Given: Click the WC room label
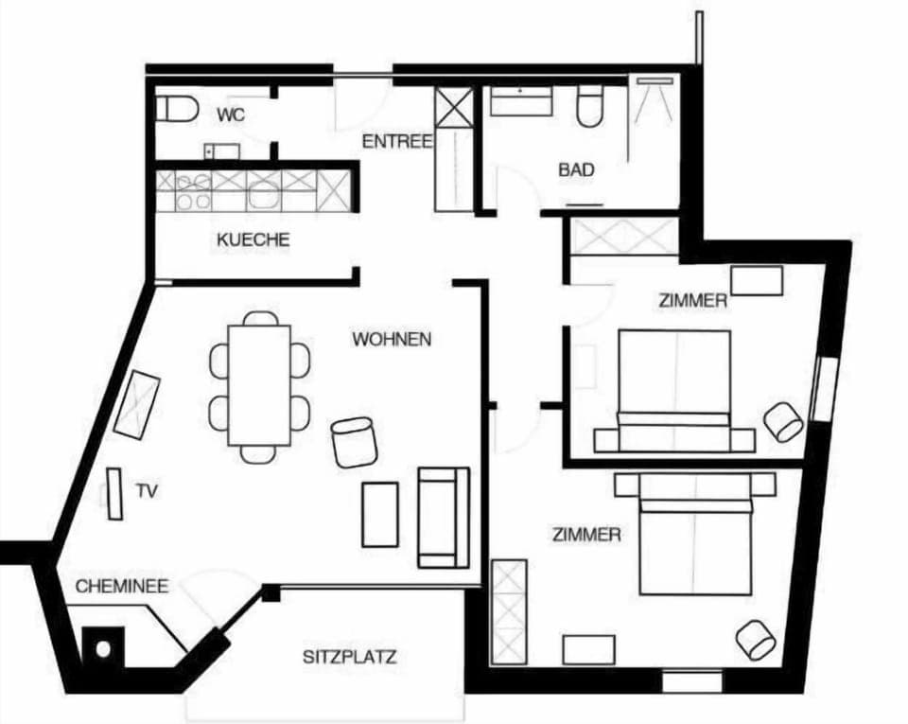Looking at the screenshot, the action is [x=231, y=115].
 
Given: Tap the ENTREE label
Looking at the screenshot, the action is [x=397, y=141].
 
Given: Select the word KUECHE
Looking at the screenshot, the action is [x=253, y=239].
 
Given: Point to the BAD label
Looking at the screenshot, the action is [x=576, y=169].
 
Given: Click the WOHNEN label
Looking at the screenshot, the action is [x=392, y=339].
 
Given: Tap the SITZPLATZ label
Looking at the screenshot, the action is [x=350, y=657].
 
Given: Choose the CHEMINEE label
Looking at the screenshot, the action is [x=122, y=586].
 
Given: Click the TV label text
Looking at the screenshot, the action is [x=148, y=491].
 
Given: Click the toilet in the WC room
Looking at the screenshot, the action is [x=177, y=108].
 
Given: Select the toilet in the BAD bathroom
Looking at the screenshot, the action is [x=590, y=106].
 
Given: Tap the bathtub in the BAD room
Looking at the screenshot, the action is [x=521, y=100].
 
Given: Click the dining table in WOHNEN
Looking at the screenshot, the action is [x=259, y=385].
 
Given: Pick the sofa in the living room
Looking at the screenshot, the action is [x=444, y=518].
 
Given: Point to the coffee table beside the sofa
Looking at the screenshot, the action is [x=380, y=514].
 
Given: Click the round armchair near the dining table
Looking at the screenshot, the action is [x=354, y=442].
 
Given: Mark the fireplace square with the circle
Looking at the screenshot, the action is [x=103, y=648].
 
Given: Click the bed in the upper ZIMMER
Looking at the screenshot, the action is [x=674, y=391].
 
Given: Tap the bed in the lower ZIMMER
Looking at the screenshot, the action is [x=695, y=534].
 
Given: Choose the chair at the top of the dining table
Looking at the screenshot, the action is [x=260, y=319].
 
